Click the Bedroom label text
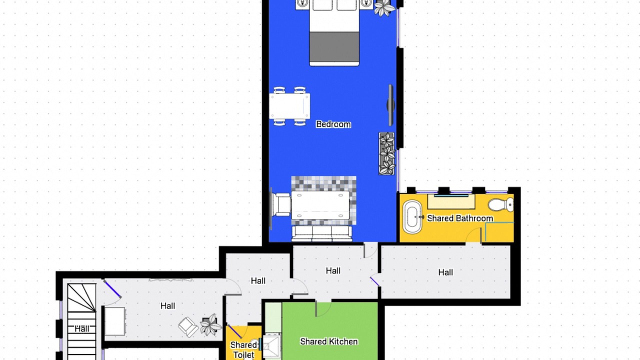point(333,124)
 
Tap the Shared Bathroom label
point(460,218)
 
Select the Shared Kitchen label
point(329,341)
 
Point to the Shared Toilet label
point(243,350)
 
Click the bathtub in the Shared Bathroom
point(412,217)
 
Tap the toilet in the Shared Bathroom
point(501,205)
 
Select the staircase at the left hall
point(81,321)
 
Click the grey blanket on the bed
point(334,46)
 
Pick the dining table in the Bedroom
point(289,106)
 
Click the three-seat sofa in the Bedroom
point(321,233)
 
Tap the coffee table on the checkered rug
point(320,205)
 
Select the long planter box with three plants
point(386,153)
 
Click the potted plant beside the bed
point(384,7)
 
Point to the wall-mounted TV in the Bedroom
point(390,105)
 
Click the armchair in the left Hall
point(188,326)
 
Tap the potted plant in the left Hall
point(211,324)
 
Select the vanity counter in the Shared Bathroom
point(451,201)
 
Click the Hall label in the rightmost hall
point(445,272)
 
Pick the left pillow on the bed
point(322,5)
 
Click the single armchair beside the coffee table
point(281,204)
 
